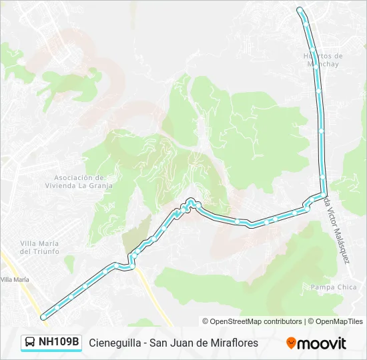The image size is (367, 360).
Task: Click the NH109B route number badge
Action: pyautogui.click(x=59, y=343)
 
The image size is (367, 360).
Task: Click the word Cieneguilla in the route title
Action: pyautogui.click(x=116, y=343)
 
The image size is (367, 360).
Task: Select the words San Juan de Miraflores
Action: pyautogui.click(x=204, y=343)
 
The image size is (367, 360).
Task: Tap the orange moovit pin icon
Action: pyautogui.click(x=291, y=343)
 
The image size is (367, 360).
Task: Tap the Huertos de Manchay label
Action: pyautogui.click(x=323, y=60)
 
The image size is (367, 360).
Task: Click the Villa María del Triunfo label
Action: pyautogui.click(x=39, y=247)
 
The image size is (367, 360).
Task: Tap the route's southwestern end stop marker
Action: pyautogui.click(x=44, y=316)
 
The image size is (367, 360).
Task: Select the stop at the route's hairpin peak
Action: pyautogui.click(x=191, y=201)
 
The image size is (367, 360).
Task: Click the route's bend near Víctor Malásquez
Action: pyautogui.click(x=318, y=196)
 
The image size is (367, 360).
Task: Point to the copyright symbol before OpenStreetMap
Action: pyautogui.click(x=206, y=321)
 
